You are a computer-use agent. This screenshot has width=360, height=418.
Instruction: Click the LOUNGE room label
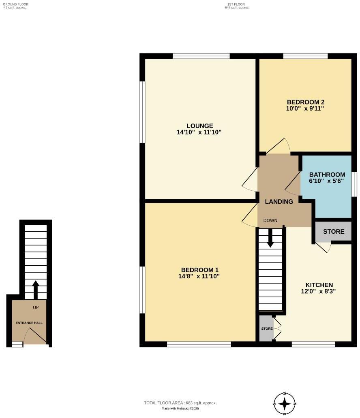coord(200,126)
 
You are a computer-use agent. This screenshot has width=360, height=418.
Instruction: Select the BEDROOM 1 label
coord(200,270)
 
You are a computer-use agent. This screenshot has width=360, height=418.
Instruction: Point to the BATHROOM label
coord(327,175)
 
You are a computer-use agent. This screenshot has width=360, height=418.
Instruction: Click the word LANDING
coord(279,201)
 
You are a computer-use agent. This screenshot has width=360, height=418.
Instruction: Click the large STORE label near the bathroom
coord(334,232)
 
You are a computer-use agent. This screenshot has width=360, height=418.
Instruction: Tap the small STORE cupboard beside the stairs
coord(266,328)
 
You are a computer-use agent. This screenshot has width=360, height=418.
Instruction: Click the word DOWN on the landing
coord(270,220)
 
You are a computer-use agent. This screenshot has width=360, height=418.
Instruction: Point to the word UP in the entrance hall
coord(36,307)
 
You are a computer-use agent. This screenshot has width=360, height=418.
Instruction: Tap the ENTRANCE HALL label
coord(29,323)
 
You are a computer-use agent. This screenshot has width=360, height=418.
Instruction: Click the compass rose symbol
coord(285,403)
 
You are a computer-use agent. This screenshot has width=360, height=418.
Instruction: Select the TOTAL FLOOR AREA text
coord(180,403)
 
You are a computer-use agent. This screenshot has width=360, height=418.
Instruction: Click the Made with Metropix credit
coord(180,408)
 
